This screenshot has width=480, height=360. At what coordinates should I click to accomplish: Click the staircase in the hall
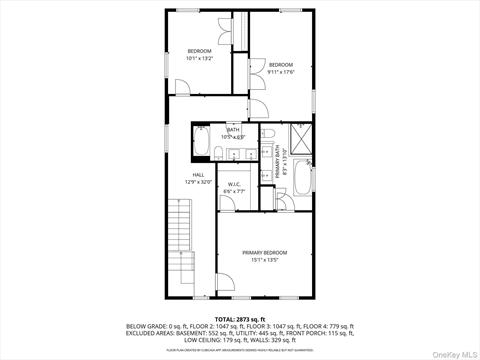point(180,260)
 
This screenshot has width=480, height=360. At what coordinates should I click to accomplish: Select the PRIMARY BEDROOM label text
point(264,252)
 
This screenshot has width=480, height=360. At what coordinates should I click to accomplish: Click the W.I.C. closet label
point(234,184)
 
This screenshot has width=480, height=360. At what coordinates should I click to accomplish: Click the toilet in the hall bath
point(201,129)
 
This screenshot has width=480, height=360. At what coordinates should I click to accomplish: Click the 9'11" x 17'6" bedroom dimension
point(280,70)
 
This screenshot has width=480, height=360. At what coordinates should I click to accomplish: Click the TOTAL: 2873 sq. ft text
point(240,319)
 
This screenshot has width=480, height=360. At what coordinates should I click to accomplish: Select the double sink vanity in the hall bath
point(236,153)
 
